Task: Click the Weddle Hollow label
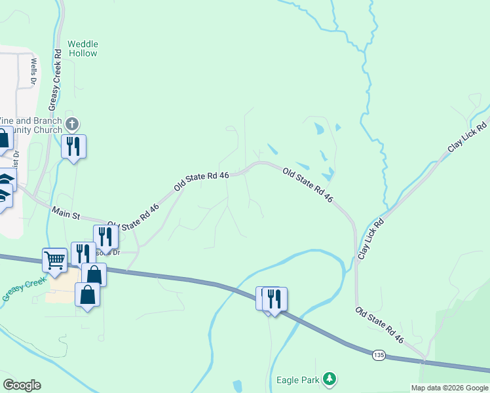coord(83,48)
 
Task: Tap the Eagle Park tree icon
coord(331,379)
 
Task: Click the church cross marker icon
coord(73,123)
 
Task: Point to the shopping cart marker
coord(55,259)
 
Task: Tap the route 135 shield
coord(378,354)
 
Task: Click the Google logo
coord(22,384)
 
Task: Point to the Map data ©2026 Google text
coord(449,388)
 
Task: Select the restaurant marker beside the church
coord(73,146)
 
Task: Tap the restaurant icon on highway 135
coord(274,299)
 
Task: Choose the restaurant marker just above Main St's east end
coord(105,236)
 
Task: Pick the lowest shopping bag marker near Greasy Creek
coord(88,294)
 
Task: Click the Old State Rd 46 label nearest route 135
coord(379,325)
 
